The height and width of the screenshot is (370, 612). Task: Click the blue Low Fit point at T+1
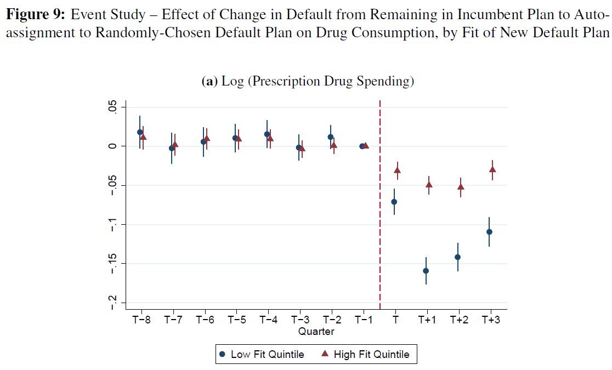pos(426,271)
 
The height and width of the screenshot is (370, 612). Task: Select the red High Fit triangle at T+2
pos(461,187)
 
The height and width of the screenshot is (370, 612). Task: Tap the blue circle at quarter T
pos(394,202)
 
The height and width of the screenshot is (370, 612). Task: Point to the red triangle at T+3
pos(493,169)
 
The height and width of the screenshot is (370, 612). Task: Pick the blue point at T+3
pos(489,232)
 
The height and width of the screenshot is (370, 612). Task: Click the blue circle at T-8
pos(140,132)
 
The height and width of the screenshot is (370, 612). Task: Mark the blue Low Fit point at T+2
pos(457,257)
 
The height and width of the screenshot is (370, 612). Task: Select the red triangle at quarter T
pos(397,170)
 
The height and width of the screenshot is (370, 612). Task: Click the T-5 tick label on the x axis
pos(236,320)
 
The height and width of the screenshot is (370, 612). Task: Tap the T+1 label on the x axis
pos(427,320)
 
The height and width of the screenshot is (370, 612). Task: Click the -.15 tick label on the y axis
pos(113,264)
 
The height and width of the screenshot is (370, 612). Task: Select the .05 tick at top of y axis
pos(113,107)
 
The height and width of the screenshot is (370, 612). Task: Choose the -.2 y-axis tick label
pos(113,303)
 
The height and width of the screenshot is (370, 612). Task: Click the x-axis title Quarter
pos(316,332)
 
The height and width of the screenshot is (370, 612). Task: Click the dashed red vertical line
pos(380,219)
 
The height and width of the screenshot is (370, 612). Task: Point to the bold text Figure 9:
pos(35,16)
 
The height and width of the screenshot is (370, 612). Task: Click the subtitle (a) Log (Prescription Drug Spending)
pos(308,82)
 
